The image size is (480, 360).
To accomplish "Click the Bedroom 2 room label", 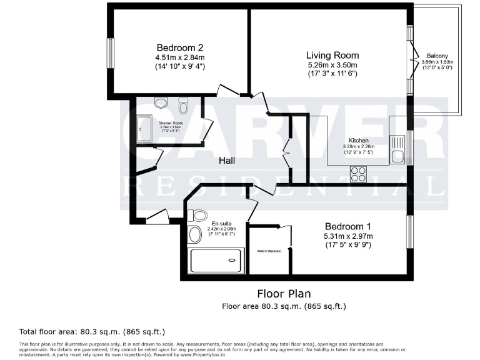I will point(180,47).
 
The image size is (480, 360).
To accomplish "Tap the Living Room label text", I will point(332,55).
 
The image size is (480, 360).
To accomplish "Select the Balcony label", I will point(437,55).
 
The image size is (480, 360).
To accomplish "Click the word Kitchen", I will point(359,141).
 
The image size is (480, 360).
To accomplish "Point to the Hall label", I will point(227,161).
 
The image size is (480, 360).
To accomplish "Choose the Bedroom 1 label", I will point(348,226).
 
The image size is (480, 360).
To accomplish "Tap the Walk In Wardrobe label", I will point(269,251).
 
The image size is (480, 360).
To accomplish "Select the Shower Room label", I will point(169,124).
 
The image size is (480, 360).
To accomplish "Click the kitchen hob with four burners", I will point(359,173).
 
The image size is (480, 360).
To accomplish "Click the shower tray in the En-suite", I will point(216,259).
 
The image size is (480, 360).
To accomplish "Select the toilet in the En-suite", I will point(199,216).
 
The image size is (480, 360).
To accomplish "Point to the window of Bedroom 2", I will point(109,54).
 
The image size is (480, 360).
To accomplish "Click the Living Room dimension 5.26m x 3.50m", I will point(332,65).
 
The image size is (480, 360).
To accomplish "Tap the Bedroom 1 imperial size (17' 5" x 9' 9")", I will point(348,245).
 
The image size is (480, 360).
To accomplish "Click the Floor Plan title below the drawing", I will point(284,293).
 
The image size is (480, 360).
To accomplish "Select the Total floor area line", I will point(92,331).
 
